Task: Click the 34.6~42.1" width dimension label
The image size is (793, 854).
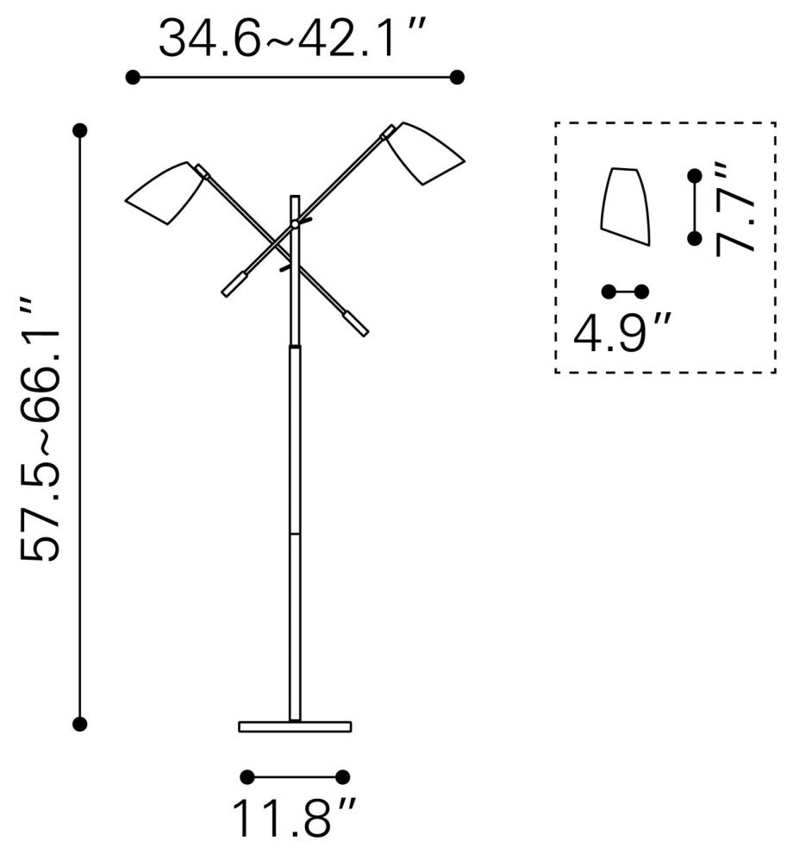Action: (x=290, y=37)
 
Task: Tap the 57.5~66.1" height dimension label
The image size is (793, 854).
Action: (x=41, y=430)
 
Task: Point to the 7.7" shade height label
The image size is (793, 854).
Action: (x=734, y=208)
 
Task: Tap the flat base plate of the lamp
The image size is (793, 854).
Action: (x=295, y=726)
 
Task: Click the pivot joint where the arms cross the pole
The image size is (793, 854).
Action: (x=295, y=223)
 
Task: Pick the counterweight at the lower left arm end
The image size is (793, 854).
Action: (x=234, y=285)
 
